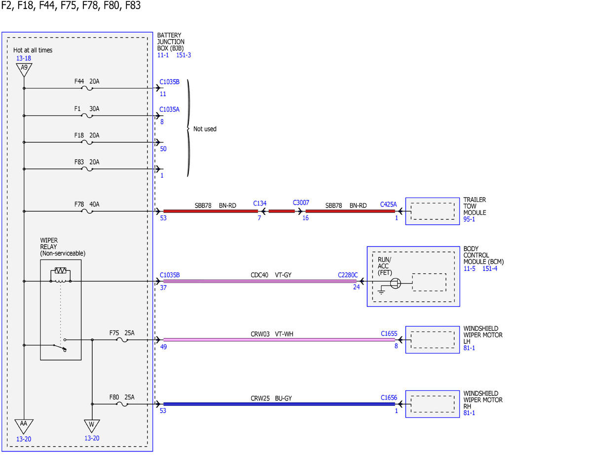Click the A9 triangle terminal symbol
[24, 69]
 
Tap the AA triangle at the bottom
[24, 426]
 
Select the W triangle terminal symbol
[92, 426]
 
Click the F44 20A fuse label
[87, 82]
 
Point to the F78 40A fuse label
[87, 205]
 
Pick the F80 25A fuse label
[122, 397]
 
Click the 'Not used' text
[205, 129]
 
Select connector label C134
[259, 203]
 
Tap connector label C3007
[301, 203]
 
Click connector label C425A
[388, 205]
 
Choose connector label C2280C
[348, 275]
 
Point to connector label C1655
[389, 333]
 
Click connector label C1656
[389, 397]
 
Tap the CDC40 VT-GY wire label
[271, 275]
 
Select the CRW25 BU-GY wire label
[271, 398]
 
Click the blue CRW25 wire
[279, 404]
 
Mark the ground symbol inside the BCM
[381, 292]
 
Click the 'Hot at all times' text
[33, 50]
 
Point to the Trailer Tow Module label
[475, 206]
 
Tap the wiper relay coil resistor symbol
[61, 270]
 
